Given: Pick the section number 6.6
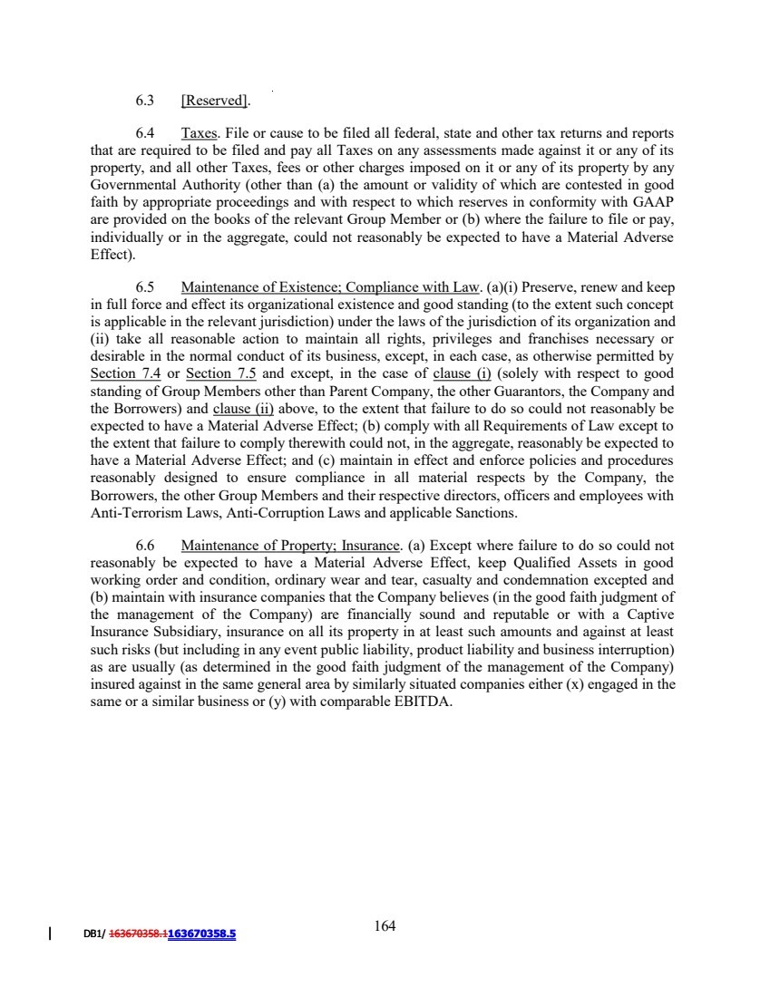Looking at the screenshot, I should pos(145,546).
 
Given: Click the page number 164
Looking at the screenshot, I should pos(385,925).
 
